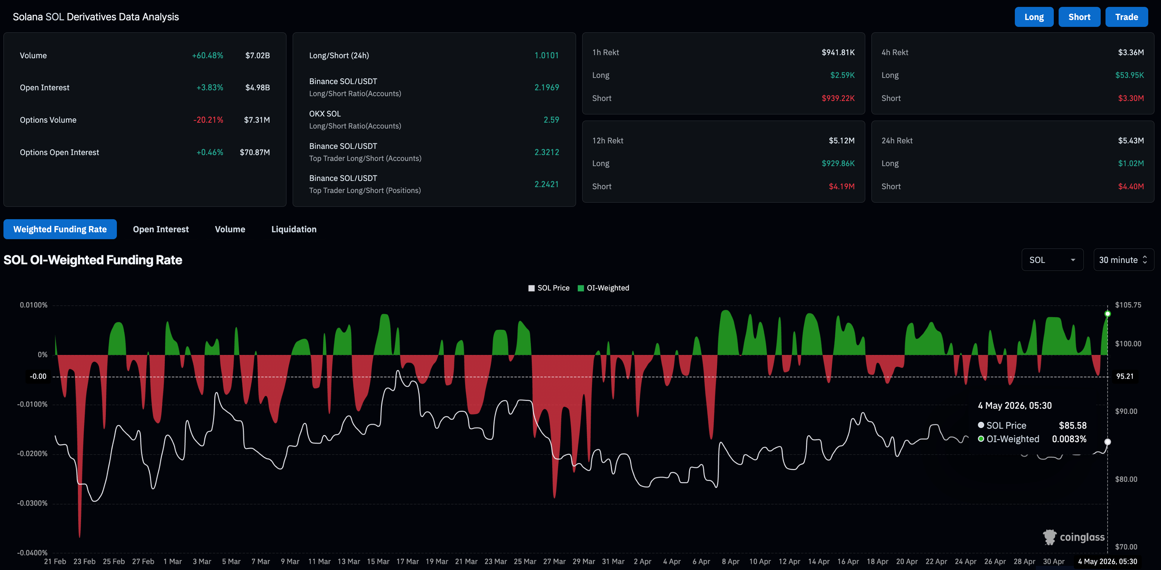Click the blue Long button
1034,17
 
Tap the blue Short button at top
1079,17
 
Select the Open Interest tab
161,230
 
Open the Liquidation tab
294,230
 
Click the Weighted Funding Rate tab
60,230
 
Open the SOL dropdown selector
1052,260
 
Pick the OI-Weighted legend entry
604,288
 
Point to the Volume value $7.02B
258,55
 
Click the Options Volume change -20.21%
208,120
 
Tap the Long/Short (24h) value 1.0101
547,55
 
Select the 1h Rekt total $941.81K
838,52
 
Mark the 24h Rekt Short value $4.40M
1131,186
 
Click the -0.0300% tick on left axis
32,503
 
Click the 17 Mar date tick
407,561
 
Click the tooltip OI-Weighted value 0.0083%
1069,439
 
